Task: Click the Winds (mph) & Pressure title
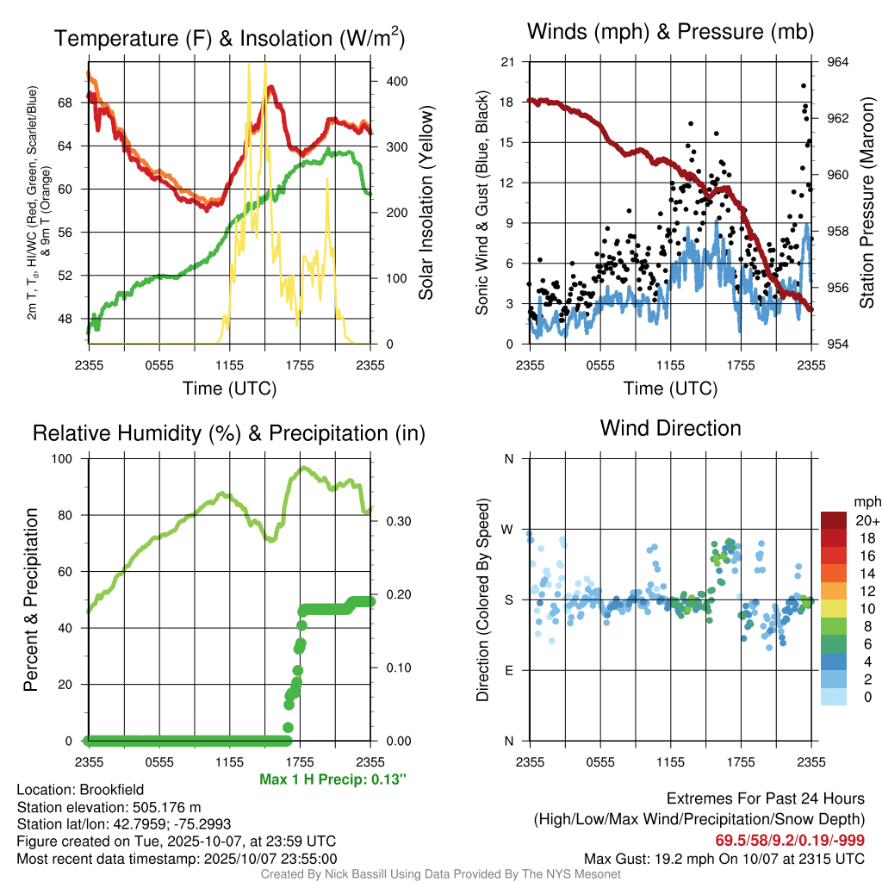(x=670, y=32)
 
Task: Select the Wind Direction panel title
(x=670, y=428)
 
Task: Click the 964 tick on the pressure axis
(x=838, y=62)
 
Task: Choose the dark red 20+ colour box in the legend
(x=834, y=520)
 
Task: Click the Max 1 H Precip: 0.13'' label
(x=332, y=780)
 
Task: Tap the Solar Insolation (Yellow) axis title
(x=425, y=202)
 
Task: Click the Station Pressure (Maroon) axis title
(x=867, y=202)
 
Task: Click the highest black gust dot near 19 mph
(x=804, y=86)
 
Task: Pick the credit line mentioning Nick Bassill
(x=440, y=874)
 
